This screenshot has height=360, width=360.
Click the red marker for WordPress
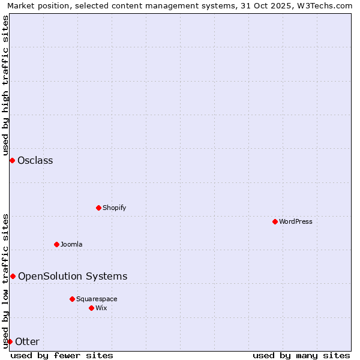point(275,221)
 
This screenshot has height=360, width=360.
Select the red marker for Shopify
point(98,208)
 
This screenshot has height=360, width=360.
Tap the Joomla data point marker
point(56,244)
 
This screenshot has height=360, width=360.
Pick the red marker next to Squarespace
point(72,299)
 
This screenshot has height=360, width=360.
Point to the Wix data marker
point(91,308)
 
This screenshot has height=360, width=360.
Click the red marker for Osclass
point(12,160)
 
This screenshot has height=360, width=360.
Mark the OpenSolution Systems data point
point(13,276)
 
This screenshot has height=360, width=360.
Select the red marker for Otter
point(10,341)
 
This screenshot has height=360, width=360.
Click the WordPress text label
point(295,221)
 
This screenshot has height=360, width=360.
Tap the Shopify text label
point(114,208)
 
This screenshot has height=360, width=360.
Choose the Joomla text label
point(71,244)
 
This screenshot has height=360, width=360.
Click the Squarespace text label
point(97,299)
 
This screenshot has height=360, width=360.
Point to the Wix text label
point(101,308)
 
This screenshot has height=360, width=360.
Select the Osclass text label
point(35,160)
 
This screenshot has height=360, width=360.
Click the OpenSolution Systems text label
point(73,276)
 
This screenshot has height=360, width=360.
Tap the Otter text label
point(28,341)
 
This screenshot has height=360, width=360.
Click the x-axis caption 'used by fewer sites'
point(62,355)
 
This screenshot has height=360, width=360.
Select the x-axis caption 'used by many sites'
point(301,355)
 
